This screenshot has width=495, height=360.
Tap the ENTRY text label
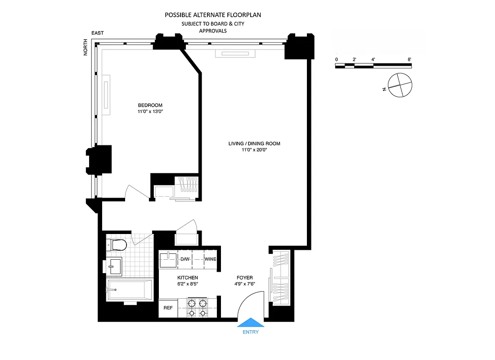coord(250,332)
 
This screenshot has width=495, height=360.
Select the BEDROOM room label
coord(150,105)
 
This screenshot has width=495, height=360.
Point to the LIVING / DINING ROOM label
coord(254,144)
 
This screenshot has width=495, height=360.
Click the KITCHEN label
coord(188,278)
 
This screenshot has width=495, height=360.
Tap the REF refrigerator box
coord(167,309)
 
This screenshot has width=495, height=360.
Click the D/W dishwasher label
coord(185,259)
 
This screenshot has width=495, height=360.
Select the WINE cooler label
coord(210,259)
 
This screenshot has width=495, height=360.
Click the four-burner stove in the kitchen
coord(198,308)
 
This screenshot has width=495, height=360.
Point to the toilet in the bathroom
coord(117,245)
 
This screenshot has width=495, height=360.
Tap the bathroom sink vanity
coord(114,265)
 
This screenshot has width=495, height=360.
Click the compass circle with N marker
coord(400,85)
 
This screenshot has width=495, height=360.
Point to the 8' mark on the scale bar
coord(409,59)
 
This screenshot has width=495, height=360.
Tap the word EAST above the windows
coord(97,33)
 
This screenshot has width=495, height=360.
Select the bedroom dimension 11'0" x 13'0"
coord(150,112)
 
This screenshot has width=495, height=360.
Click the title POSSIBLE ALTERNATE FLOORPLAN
coord(213,15)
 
